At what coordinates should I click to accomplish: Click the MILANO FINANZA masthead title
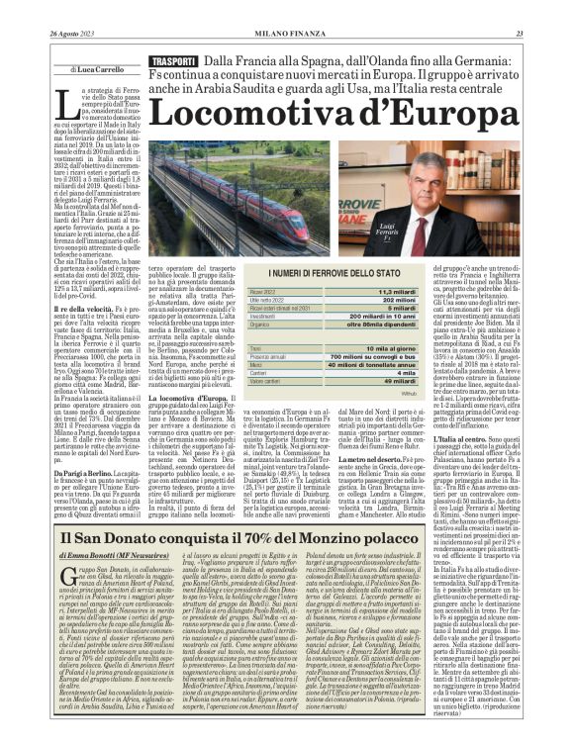click(287, 35)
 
